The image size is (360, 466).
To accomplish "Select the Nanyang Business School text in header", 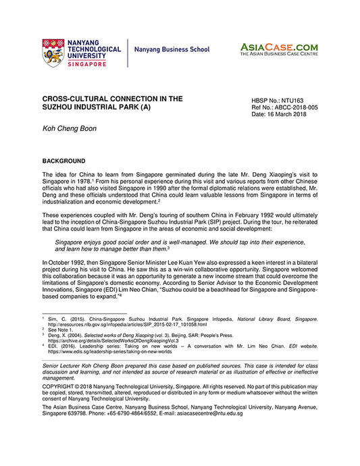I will point(172,50).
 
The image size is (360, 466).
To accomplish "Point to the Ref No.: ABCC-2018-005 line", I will point(284,107).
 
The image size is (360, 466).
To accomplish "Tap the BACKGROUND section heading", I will point(63,161).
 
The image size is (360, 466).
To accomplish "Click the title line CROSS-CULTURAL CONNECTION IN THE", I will point(112,99).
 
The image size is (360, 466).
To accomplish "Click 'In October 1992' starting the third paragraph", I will point(63,262).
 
